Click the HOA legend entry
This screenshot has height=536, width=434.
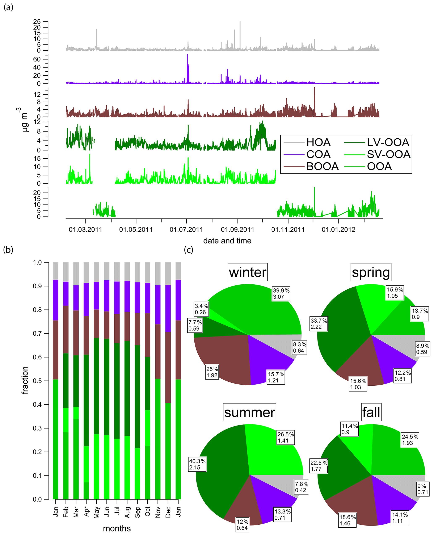(x=318, y=143)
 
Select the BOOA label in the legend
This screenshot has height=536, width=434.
(x=322, y=167)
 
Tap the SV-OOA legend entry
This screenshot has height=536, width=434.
(x=388, y=155)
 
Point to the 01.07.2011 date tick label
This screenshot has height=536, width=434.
(x=186, y=230)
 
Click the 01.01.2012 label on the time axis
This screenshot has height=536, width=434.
(x=338, y=230)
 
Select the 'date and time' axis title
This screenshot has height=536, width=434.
(x=227, y=241)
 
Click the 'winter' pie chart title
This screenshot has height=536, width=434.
(x=248, y=272)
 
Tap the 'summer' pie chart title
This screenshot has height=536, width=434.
(x=249, y=412)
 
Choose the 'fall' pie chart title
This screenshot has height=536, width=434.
(x=371, y=412)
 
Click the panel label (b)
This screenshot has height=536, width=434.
(x=8, y=250)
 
